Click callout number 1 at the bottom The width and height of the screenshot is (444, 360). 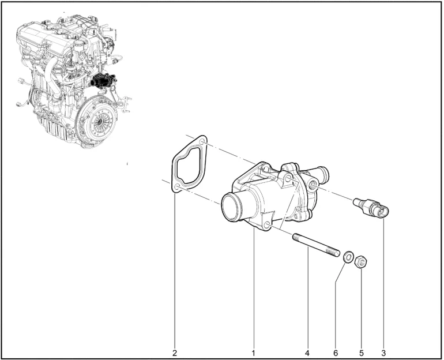[254, 353]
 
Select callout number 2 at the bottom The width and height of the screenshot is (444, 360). [175, 353]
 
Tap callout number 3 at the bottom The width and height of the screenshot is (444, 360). [383, 353]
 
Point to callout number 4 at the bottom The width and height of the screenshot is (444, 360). [307, 353]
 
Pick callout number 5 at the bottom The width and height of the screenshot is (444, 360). [362, 353]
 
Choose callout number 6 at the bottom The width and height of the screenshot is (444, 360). [336, 353]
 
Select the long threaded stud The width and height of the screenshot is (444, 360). [316, 245]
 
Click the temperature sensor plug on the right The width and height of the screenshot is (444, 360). [371, 208]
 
